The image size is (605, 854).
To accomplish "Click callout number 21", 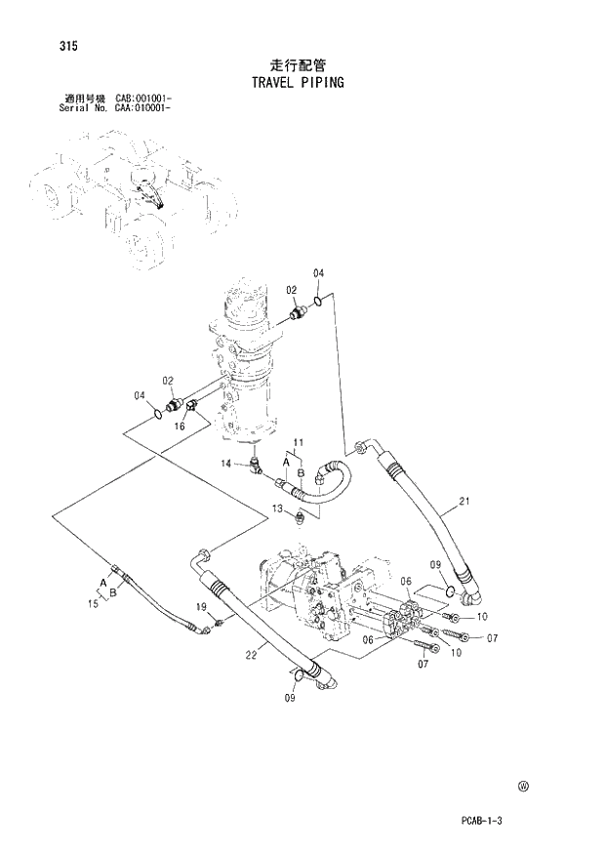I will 464,502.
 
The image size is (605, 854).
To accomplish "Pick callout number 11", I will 300,445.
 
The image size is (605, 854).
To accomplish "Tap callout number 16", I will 181,427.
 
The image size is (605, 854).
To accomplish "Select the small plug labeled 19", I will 219,622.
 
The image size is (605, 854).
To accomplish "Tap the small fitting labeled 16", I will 192,405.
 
